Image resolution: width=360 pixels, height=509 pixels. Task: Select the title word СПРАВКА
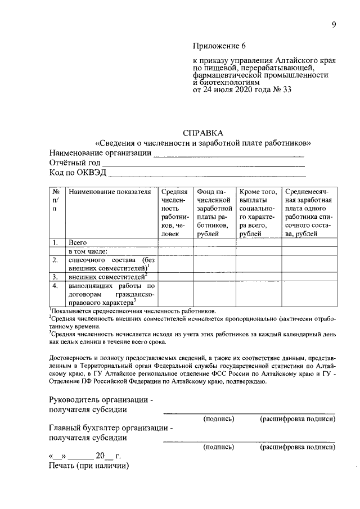203,133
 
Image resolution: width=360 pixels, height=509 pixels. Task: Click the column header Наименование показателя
110,192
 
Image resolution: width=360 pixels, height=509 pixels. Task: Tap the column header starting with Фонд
214,213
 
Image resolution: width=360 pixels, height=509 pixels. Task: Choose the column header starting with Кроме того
258,213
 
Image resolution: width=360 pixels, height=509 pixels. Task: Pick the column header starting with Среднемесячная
309,213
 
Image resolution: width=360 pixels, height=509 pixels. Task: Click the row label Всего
78,243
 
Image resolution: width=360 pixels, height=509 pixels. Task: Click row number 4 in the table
56,286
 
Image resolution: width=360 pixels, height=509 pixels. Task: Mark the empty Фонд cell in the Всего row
214,243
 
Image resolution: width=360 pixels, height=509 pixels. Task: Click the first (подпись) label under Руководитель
219,419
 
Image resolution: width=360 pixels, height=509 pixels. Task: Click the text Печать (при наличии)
89,466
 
